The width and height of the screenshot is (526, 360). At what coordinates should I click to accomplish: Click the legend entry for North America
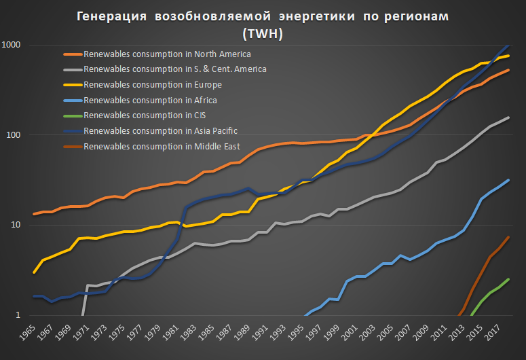pyautogui.click(x=167, y=54)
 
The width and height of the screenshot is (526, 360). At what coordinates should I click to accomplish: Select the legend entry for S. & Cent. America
pyautogui.click(x=174, y=69)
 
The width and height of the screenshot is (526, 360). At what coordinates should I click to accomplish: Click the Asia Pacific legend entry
pyautogui.click(x=160, y=131)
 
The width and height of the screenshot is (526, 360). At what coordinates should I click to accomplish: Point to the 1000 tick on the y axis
pyautogui.click(x=14, y=45)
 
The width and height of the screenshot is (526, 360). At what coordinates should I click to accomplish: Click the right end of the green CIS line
pyautogui.click(x=508, y=279)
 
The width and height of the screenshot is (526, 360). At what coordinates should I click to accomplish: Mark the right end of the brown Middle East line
pyautogui.click(x=508, y=237)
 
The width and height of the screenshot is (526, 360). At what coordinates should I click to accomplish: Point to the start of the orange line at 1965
pyautogui.click(x=34, y=214)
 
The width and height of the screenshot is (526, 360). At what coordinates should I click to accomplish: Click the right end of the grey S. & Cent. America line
pyautogui.click(x=508, y=118)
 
